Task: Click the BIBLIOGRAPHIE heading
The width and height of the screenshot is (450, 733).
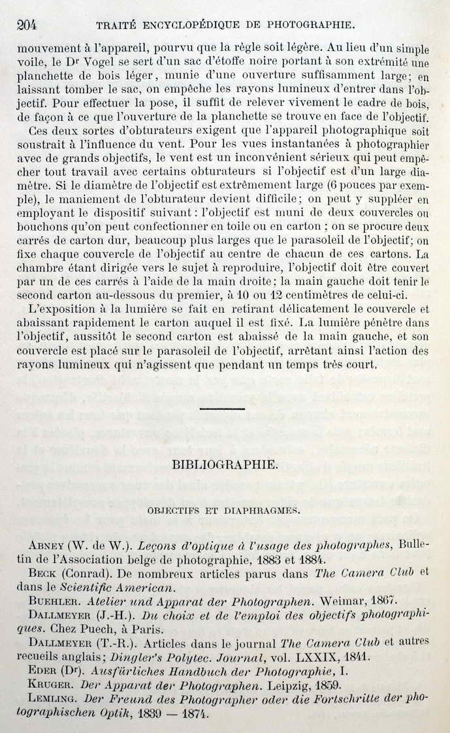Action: point(225,465)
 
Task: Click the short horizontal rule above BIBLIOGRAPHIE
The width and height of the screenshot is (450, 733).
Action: point(222,409)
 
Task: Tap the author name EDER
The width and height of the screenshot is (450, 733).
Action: point(44,670)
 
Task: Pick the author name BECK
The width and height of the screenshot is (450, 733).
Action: point(45,573)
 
